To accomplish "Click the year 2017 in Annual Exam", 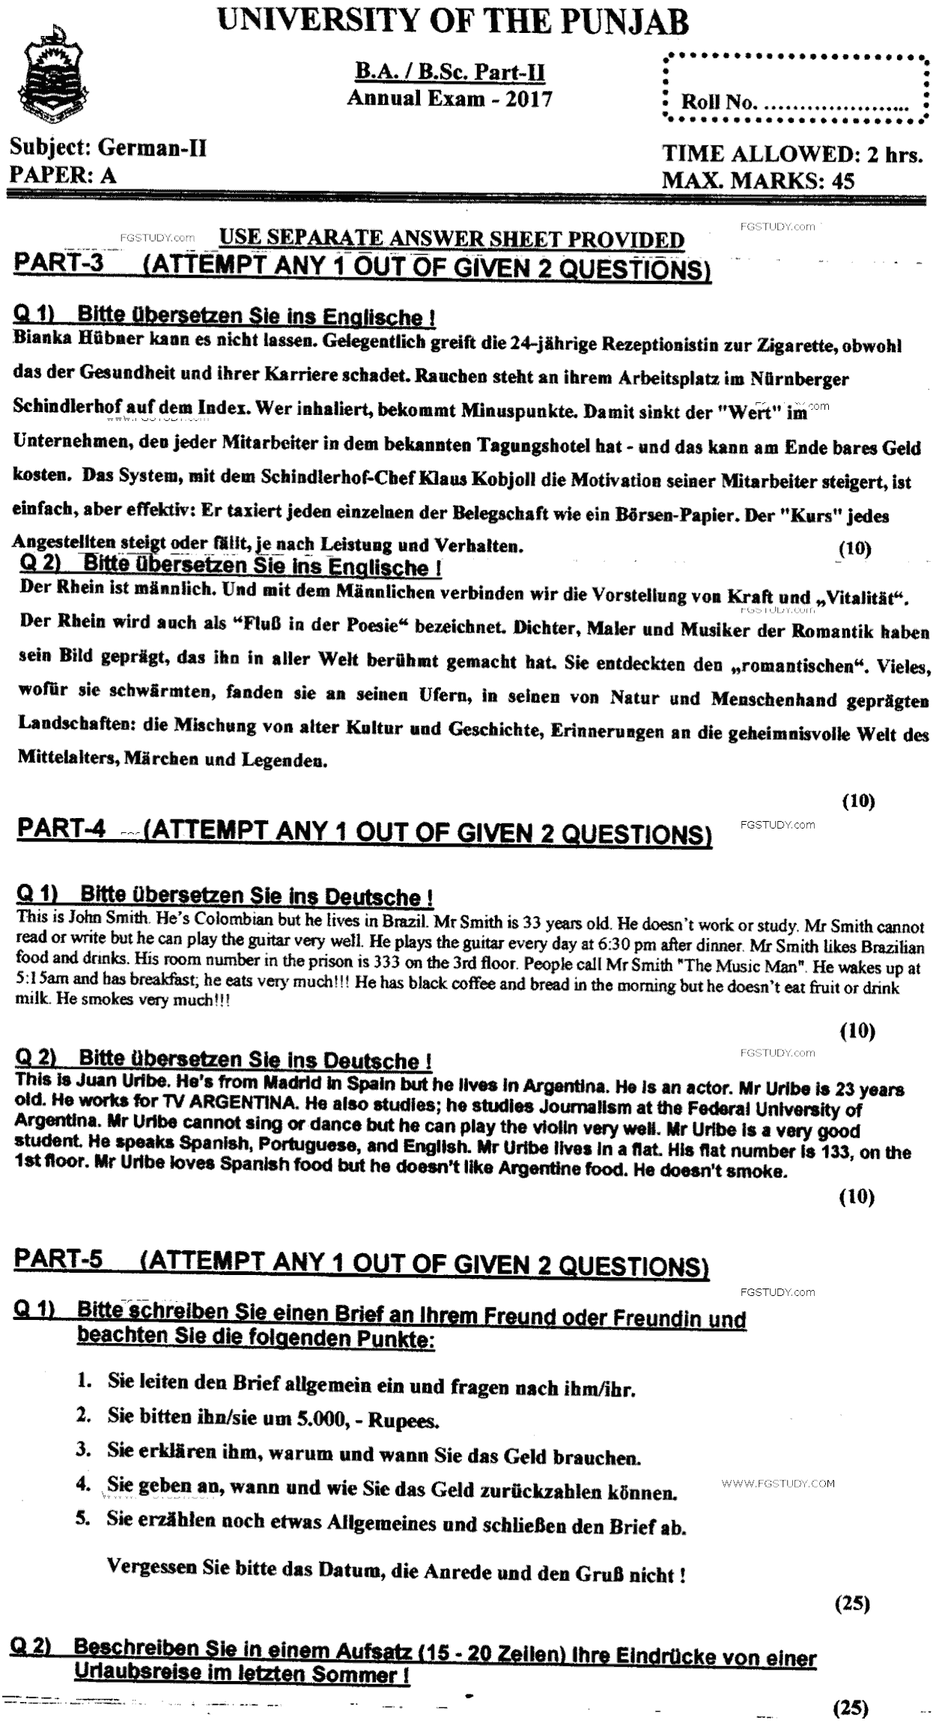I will click(529, 99).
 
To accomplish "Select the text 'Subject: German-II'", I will click(108, 148).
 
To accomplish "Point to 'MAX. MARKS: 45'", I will click(758, 181).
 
